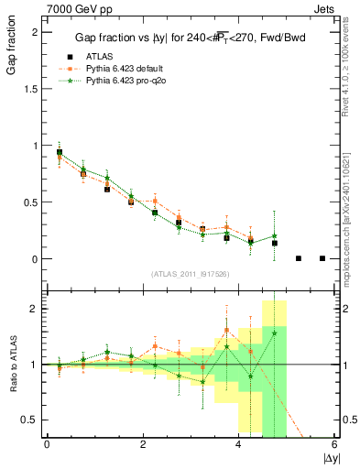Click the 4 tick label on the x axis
[x=239, y=444]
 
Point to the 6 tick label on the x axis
[x=334, y=444]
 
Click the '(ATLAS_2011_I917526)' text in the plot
[x=190, y=274]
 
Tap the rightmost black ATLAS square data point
[x=322, y=258]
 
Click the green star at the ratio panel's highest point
[x=275, y=333]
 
